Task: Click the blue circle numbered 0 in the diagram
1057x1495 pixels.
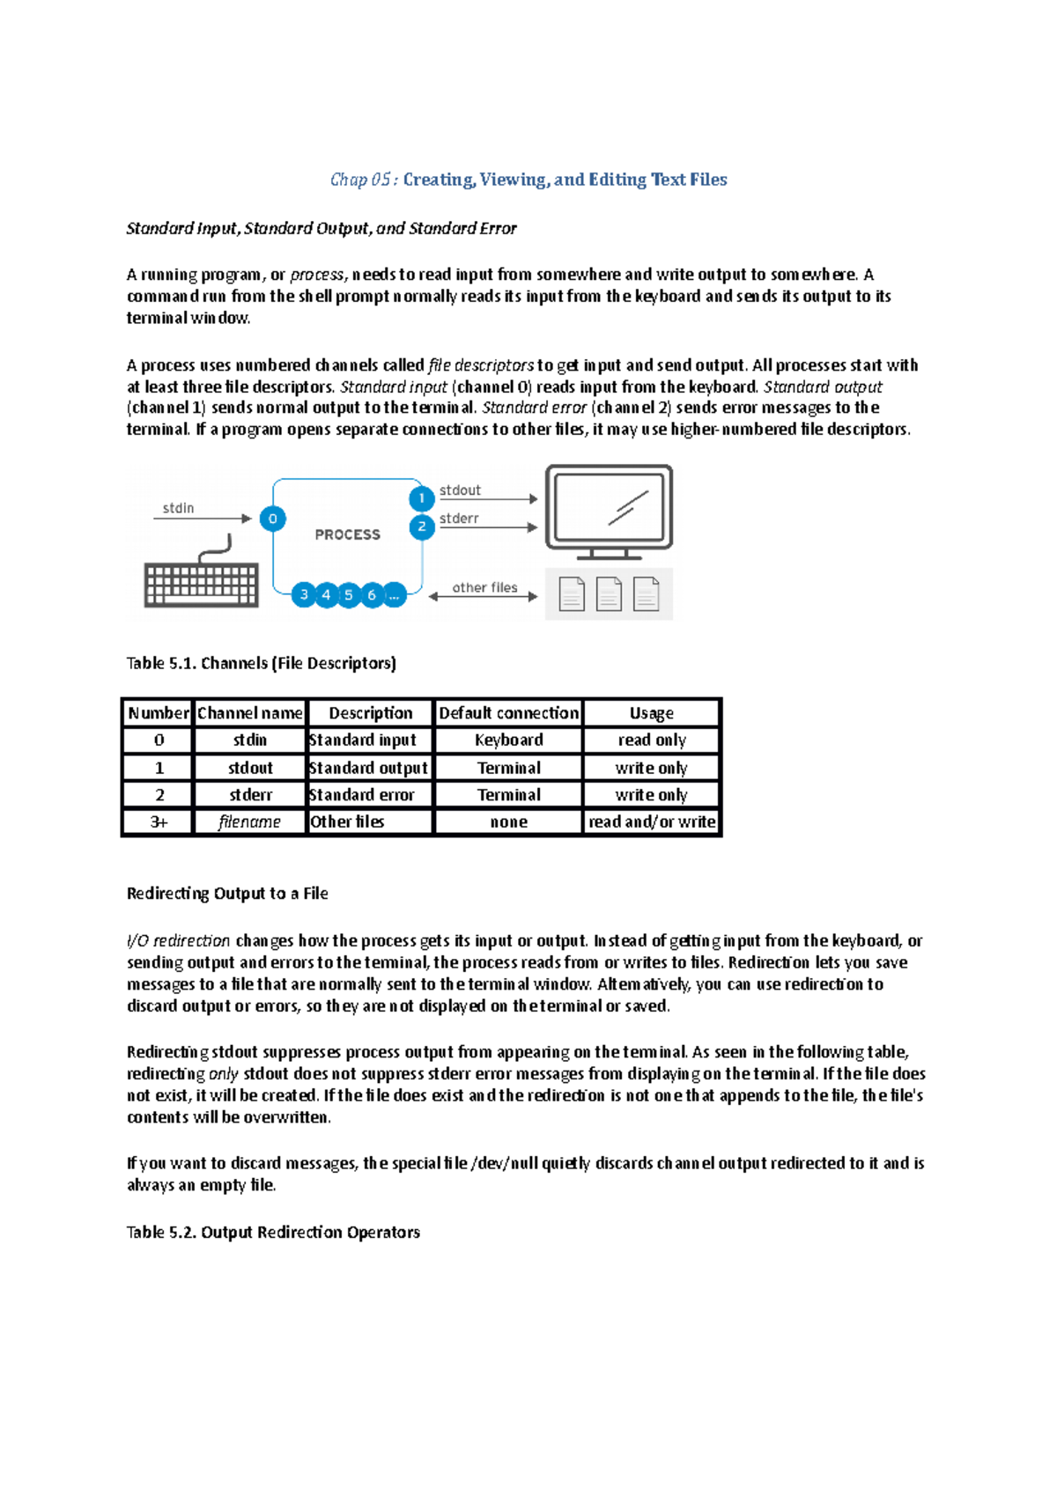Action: point(272,519)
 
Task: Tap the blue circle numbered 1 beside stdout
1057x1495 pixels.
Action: point(422,498)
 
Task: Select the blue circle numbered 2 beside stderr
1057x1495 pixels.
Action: point(422,527)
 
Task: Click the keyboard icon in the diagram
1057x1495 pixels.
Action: point(202,583)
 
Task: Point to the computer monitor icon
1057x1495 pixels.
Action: point(609,511)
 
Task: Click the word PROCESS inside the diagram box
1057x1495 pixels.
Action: point(348,534)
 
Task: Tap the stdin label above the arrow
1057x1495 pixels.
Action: point(178,508)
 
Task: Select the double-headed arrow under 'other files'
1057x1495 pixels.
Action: point(483,597)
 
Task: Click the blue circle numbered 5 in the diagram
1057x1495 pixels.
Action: point(349,595)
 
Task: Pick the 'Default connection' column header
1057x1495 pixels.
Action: point(508,713)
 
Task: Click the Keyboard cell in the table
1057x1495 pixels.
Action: point(508,740)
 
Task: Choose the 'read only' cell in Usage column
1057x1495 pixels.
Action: point(651,740)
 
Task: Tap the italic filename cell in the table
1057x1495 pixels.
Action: point(249,821)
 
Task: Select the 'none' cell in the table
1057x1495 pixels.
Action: point(508,821)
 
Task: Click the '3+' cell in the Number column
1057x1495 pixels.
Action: point(159,821)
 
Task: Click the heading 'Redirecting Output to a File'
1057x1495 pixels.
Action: point(227,893)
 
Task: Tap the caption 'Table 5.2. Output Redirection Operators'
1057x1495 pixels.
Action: point(273,1232)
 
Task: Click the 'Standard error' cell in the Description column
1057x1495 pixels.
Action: point(362,794)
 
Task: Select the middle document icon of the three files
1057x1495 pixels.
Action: point(609,594)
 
